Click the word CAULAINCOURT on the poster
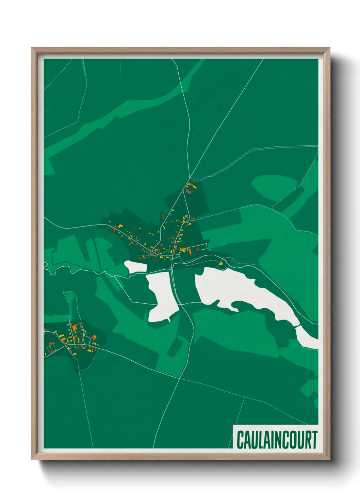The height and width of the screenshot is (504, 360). pos(277,440)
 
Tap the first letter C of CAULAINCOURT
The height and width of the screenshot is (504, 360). pos(240,440)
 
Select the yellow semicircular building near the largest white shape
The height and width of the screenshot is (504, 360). pos(221,263)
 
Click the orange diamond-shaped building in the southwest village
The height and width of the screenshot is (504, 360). pos(94,337)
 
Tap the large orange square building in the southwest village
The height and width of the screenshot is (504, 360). pos(75,327)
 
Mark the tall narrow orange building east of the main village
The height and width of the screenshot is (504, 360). pos(190,251)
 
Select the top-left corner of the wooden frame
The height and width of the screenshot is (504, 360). pos(32,48)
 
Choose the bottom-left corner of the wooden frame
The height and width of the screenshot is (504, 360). pos(32,459)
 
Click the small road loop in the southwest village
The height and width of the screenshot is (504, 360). pos(52,347)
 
